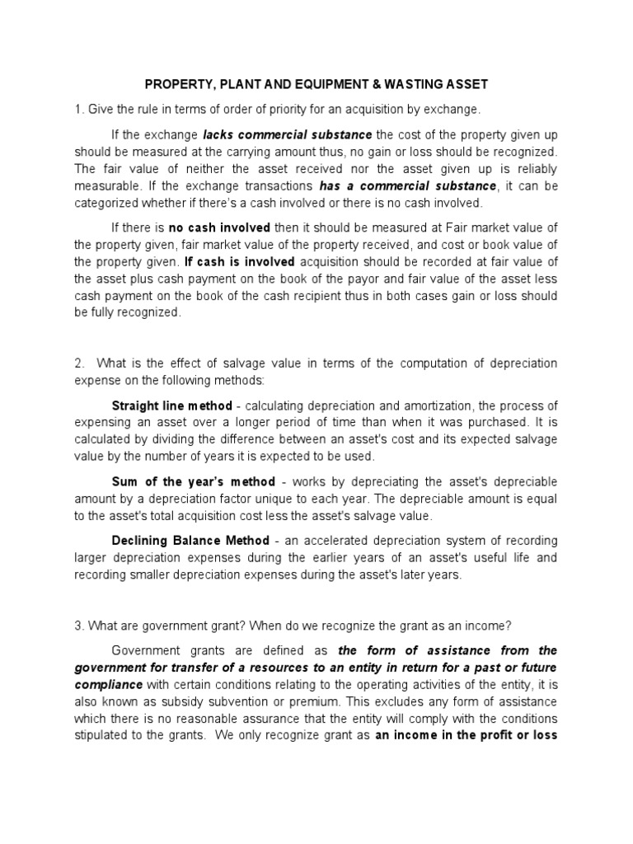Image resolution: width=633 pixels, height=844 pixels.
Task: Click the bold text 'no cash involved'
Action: coord(217,227)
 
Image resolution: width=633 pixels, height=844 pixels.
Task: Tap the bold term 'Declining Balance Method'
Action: coord(190,541)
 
